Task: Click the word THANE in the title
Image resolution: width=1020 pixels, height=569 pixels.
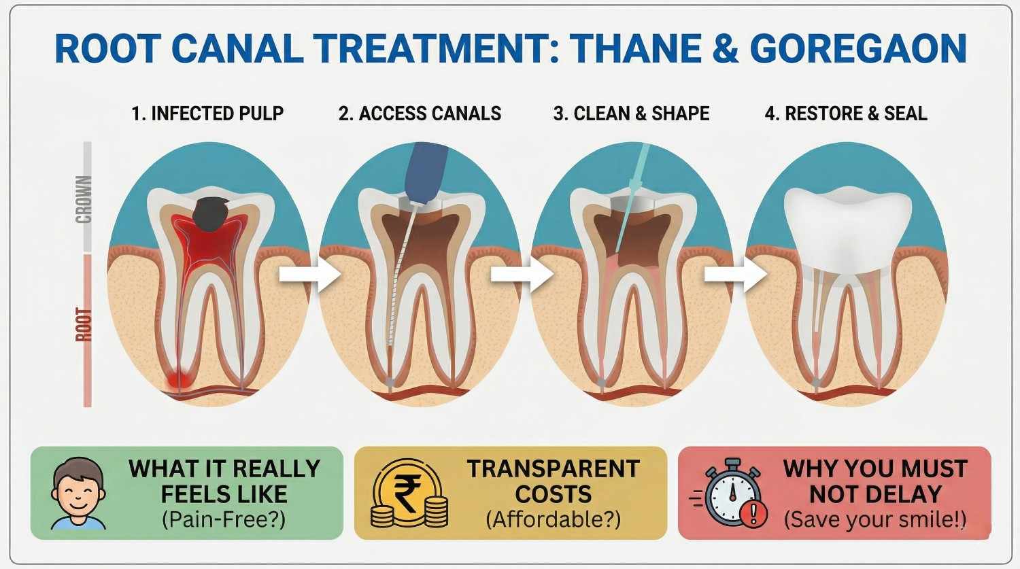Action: point(635,48)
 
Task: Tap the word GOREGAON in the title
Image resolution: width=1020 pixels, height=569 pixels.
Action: point(858,48)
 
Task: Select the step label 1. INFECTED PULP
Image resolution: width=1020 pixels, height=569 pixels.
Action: point(207,114)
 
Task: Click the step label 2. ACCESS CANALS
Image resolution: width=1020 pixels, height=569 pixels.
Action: point(420,114)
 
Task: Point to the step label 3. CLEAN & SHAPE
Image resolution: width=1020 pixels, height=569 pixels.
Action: point(631,114)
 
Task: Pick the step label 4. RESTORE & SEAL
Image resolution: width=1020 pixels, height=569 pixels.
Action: point(846,114)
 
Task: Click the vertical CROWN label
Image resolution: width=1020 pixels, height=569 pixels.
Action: point(84,199)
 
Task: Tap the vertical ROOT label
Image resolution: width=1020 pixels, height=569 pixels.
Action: point(84,324)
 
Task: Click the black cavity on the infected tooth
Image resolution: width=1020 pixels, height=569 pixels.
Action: point(212,213)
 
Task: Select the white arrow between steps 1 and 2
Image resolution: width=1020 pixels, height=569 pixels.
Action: point(309,274)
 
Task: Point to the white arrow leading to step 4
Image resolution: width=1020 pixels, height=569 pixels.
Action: point(735,274)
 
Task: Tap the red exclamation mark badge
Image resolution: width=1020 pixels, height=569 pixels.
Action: point(752,515)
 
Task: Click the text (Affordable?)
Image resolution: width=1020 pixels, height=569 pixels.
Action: point(553,520)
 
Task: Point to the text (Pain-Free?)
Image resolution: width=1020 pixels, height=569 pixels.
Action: point(224,520)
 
